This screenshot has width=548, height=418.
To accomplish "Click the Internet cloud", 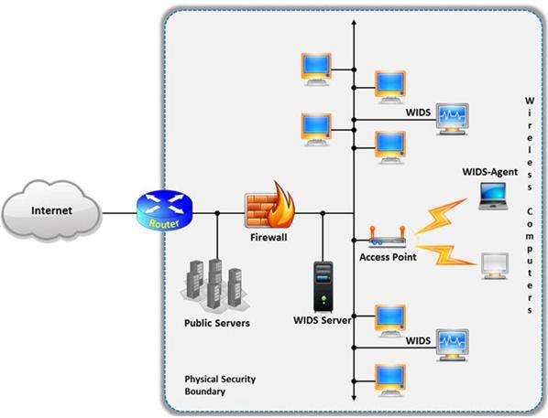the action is click(x=51, y=210).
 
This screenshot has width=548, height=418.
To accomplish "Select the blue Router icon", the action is click(x=164, y=209).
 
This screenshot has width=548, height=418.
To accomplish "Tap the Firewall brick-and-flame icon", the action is click(x=269, y=205).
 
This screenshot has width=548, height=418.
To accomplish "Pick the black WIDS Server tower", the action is click(x=323, y=286).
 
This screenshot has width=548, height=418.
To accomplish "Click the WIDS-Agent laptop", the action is click(x=493, y=196).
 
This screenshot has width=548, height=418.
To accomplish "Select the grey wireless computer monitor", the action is click(x=494, y=266).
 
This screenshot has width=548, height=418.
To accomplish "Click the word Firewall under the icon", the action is click(x=269, y=238).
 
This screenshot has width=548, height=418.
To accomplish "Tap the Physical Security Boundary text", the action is click(x=220, y=385).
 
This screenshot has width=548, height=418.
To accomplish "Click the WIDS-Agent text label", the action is click(x=490, y=172).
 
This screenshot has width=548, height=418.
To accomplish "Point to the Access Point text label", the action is click(x=388, y=257).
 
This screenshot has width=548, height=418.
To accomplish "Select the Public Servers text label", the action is click(x=216, y=323).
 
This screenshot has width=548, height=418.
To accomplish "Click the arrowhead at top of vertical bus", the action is click(x=354, y=22).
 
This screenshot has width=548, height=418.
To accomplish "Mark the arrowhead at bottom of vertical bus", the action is click(x=354, y=398).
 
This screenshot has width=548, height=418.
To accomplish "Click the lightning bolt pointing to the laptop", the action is click(x=441, y=216).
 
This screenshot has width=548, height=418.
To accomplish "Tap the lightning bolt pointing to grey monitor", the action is click(x=445, y=254).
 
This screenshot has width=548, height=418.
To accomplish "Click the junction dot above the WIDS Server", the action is click(x=323, y=213).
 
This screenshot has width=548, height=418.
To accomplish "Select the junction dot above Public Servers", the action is click(x=217, y=213).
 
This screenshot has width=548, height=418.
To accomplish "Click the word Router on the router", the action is click(x=164, y=223).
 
